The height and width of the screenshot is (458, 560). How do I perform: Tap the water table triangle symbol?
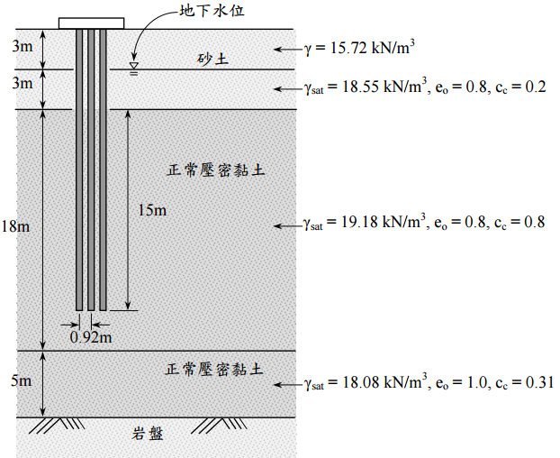click(134, 65)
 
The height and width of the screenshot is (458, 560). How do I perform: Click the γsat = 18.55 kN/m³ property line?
click(424, 87)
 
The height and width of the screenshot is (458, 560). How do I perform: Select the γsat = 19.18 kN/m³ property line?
click(424, 222)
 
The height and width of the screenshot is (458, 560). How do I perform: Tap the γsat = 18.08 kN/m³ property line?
click(428, 383)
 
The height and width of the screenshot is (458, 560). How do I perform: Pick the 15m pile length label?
click(152, 210)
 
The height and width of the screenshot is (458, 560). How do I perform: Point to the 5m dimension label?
click(20, 381)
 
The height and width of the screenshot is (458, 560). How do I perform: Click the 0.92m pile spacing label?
click(91, 337)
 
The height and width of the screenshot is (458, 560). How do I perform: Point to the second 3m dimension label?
click(20, 84)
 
